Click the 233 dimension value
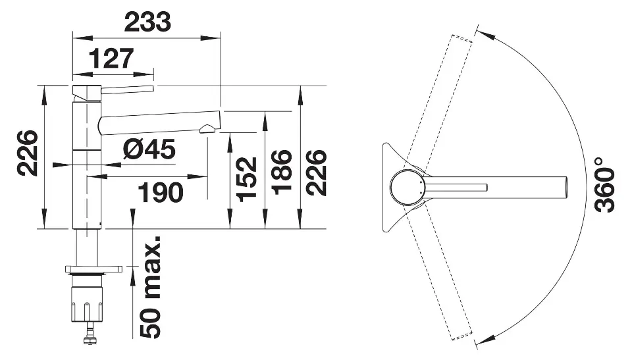click(x=147, y=22)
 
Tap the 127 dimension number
click(x=111, y=59)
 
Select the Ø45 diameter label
click(x=149, y=149)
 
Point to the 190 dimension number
click(x=161, y=192)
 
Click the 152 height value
click(x=247, y=179)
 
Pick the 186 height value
click(x=282, y=172)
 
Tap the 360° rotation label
click(x=604, y=184)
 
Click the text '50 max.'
click(x=150, y=287)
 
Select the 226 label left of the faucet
click(x=28, y=153)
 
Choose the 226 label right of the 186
click(x=316, y=172)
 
